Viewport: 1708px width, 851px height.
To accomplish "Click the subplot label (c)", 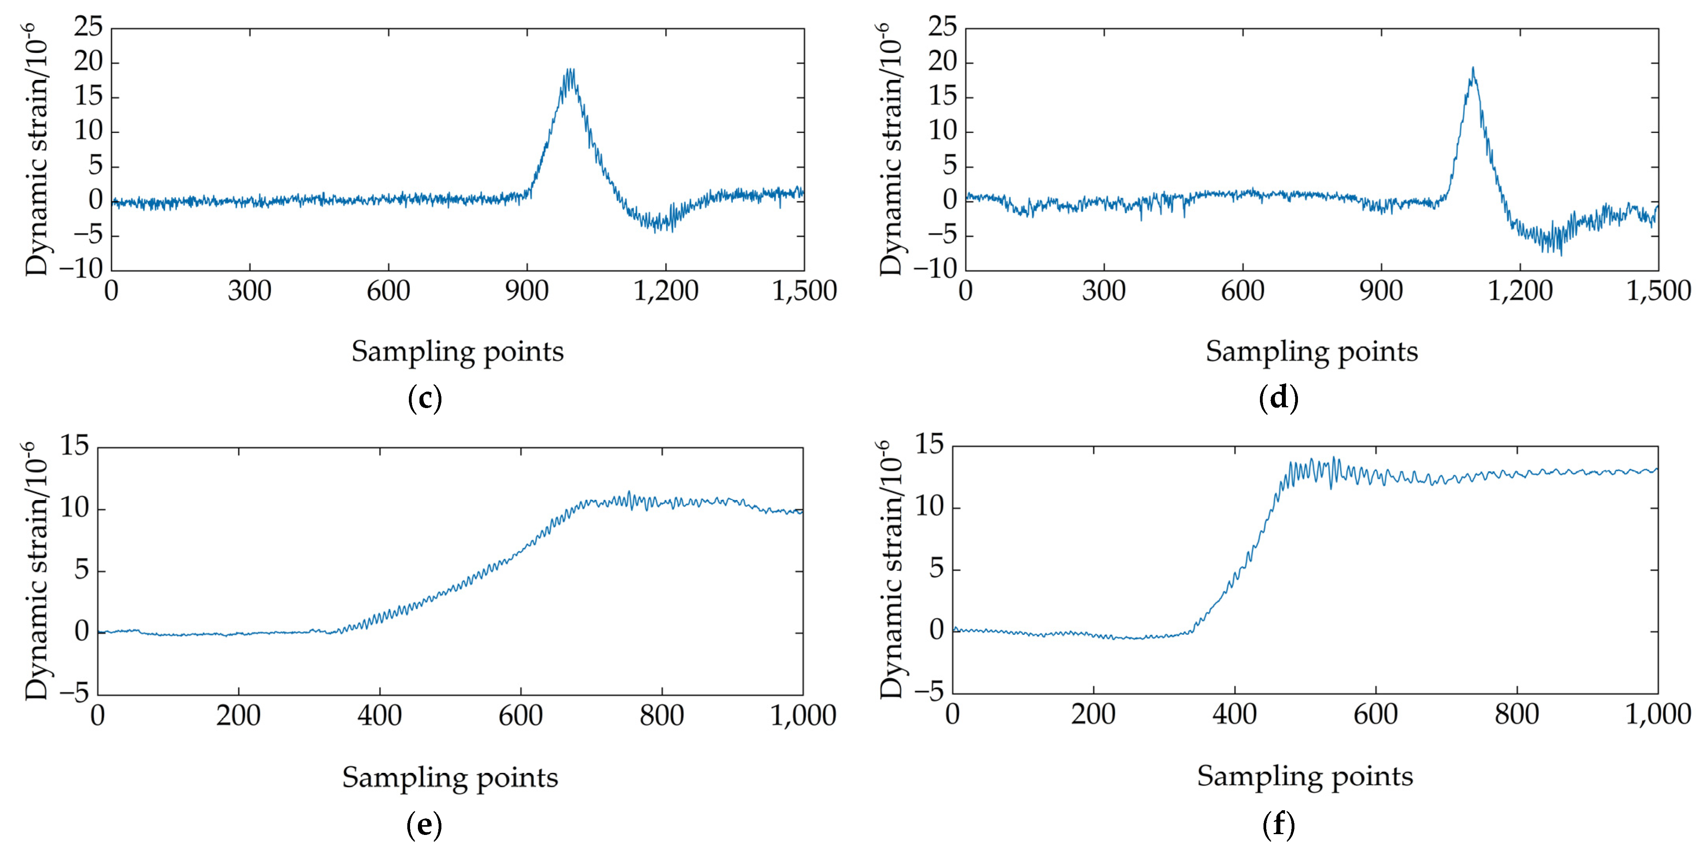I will (x=424, y=398).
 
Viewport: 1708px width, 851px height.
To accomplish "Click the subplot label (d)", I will (x=1278, y=398).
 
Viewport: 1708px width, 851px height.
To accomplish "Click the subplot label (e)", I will (x=424, y=825).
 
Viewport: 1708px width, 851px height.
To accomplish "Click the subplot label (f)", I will (x=1278, y=825).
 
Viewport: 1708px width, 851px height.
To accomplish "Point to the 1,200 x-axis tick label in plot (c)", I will (x=666, y=292).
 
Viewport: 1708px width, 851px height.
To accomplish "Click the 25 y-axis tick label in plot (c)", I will (x=88, y=28).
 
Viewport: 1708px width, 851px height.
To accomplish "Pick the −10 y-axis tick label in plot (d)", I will (x=935, y=269).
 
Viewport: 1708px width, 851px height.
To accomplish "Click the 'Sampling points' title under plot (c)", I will (x=457, y=351).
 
